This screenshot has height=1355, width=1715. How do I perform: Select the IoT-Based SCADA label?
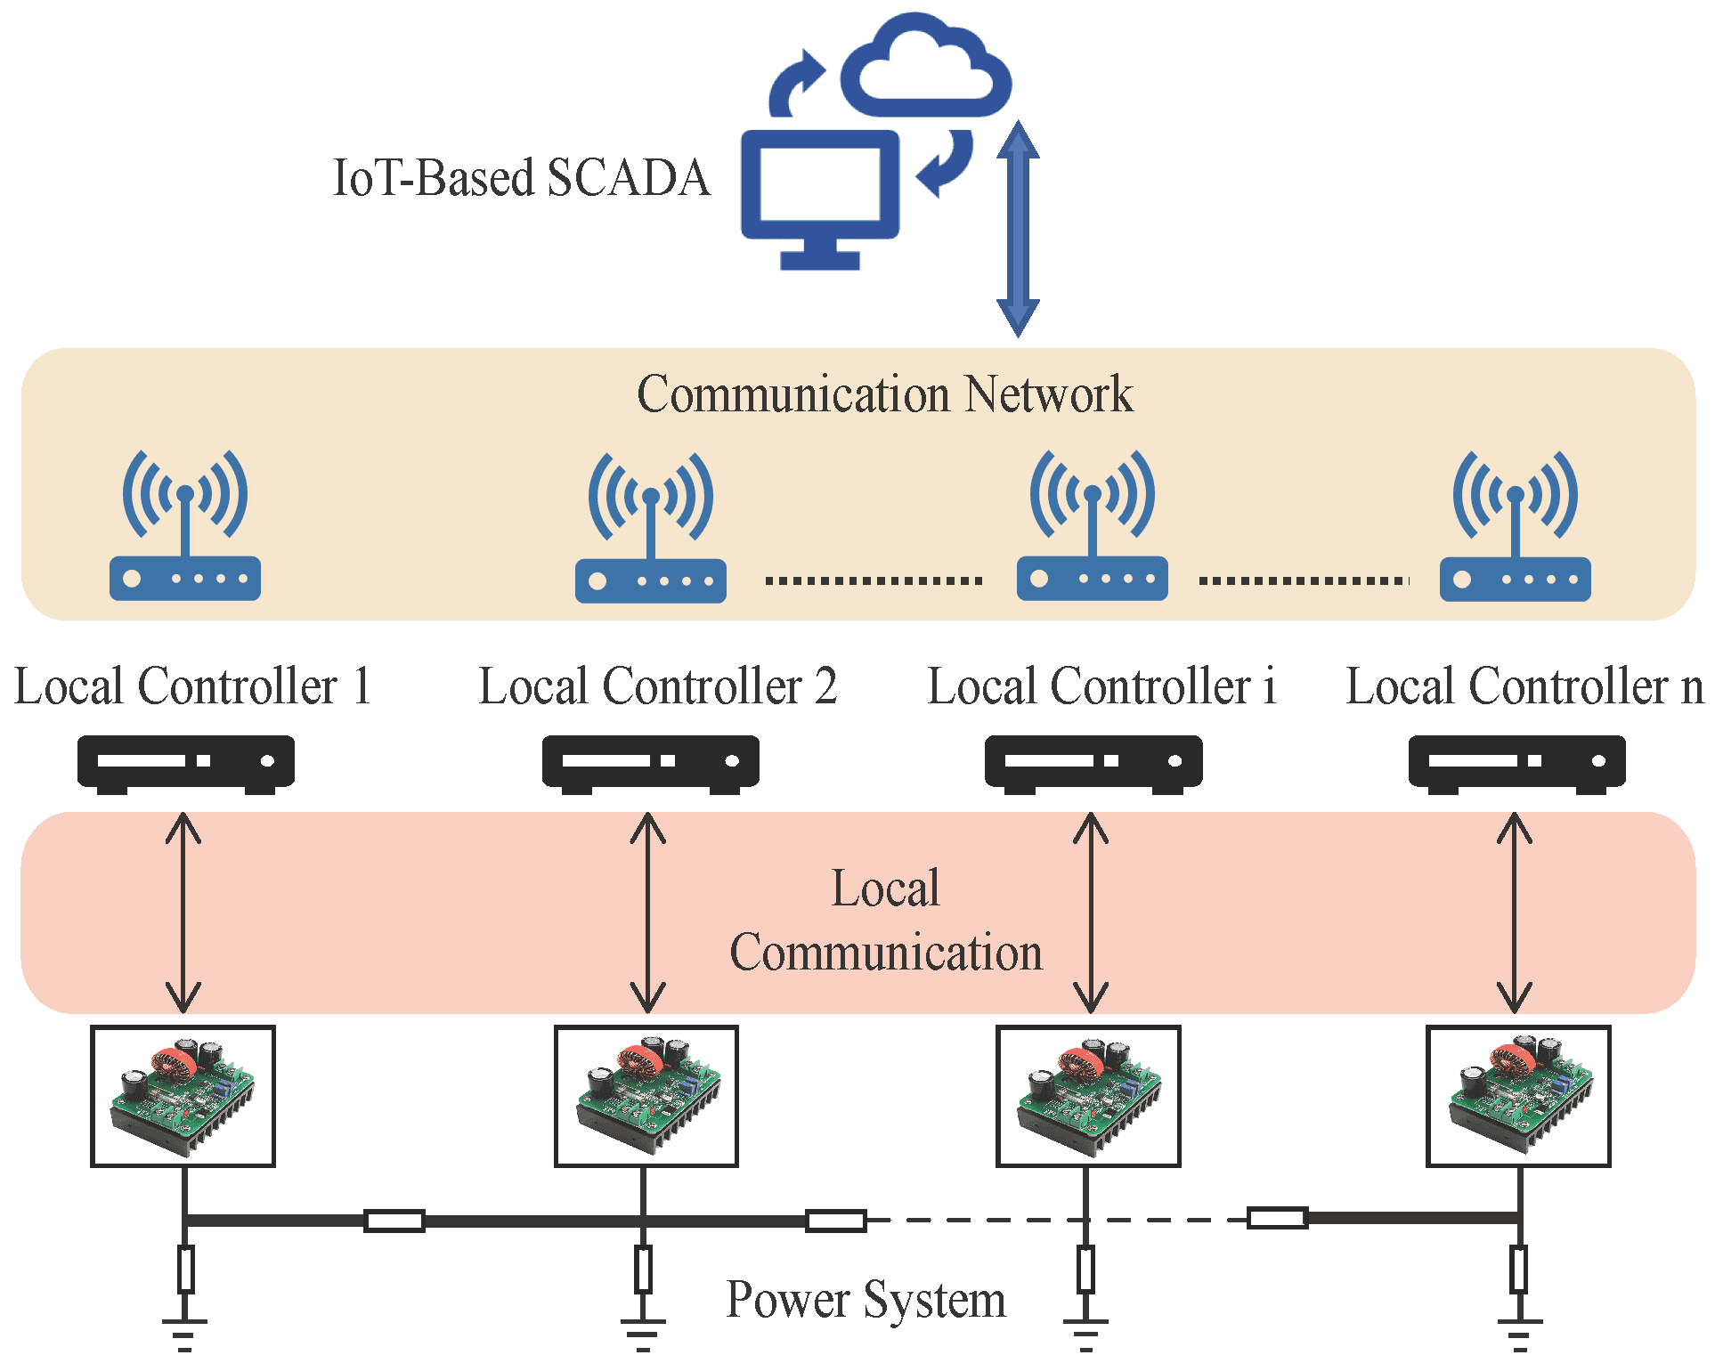pos(521,178)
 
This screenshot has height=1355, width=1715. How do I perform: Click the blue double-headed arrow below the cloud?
pos(1017,229)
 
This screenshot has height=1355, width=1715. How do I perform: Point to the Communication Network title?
pos(884,394)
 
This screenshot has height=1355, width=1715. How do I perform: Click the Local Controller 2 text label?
pos(657,686)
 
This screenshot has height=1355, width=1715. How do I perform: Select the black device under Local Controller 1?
pos(185,763)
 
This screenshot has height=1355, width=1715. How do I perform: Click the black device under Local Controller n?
pos(1516,763)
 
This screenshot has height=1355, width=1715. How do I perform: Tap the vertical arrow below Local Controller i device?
pos(1090,913)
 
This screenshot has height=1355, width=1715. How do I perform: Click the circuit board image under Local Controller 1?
pos(183,1096)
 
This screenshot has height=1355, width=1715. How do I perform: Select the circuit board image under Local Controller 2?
pos(646,1096)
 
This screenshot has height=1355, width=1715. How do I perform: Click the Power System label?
pos(866,1300)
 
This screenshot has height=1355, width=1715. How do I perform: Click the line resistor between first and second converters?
pos(394,1221)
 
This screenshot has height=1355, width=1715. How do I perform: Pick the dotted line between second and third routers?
pos(873,580)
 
